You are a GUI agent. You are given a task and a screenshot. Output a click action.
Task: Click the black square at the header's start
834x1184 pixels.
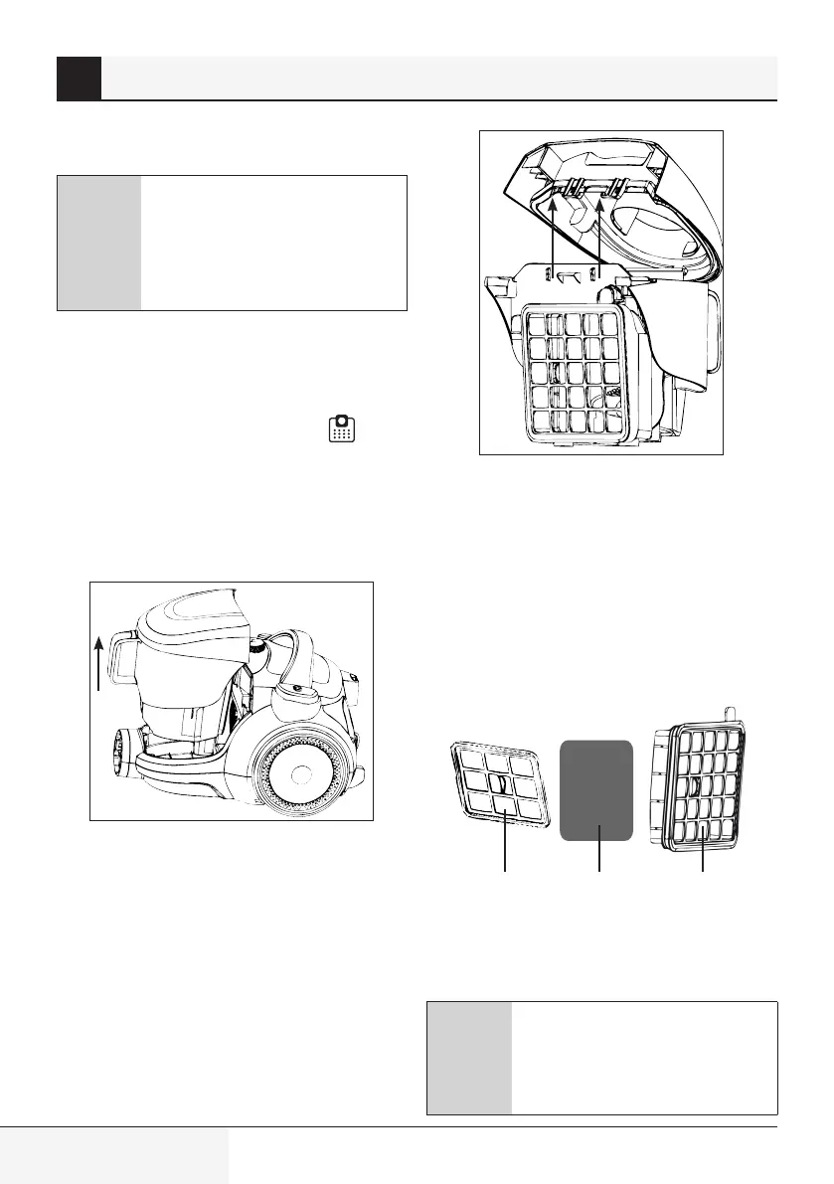coord(79,79)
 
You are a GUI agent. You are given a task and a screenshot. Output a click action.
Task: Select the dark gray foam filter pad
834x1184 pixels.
coord(596,790)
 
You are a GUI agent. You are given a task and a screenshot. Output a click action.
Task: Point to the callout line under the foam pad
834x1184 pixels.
coord(598,850)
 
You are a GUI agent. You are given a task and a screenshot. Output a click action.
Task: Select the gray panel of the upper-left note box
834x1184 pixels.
coord(99,244)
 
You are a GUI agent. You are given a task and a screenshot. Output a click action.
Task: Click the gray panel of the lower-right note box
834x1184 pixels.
coord(469,1058)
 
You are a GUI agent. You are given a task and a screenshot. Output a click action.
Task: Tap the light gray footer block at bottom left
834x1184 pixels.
coord(114,1155)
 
